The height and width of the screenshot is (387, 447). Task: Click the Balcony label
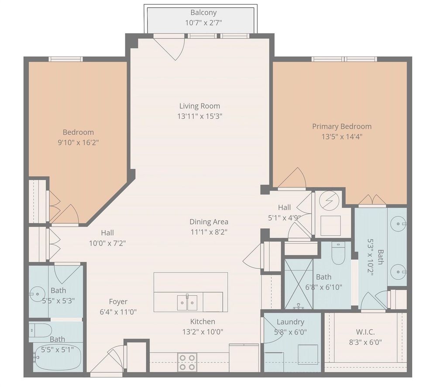tap(203, 13)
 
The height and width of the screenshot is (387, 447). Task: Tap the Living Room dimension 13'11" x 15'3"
tap(199, 116)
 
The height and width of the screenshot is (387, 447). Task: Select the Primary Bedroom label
tap(342, 126)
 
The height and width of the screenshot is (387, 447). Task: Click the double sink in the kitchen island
tap(187, 303)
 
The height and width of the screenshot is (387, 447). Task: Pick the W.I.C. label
tap(365, 332)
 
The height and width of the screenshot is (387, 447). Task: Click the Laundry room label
tap(290, 322)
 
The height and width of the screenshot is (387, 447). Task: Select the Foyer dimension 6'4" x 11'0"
tap(118, 312)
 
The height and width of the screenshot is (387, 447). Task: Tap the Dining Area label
tap(209, 222)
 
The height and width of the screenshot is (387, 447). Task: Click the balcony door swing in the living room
tap(169, 48)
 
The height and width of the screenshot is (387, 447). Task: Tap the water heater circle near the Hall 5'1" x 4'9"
tap(329, 200)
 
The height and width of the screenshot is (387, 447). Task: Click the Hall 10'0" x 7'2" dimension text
tap(107, 243)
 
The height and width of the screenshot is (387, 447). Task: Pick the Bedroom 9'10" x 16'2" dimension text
tap(78, 142)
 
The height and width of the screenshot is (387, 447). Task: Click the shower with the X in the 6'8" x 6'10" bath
tap(299, 284)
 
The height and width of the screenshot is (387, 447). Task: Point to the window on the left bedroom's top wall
tap(65, 59)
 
